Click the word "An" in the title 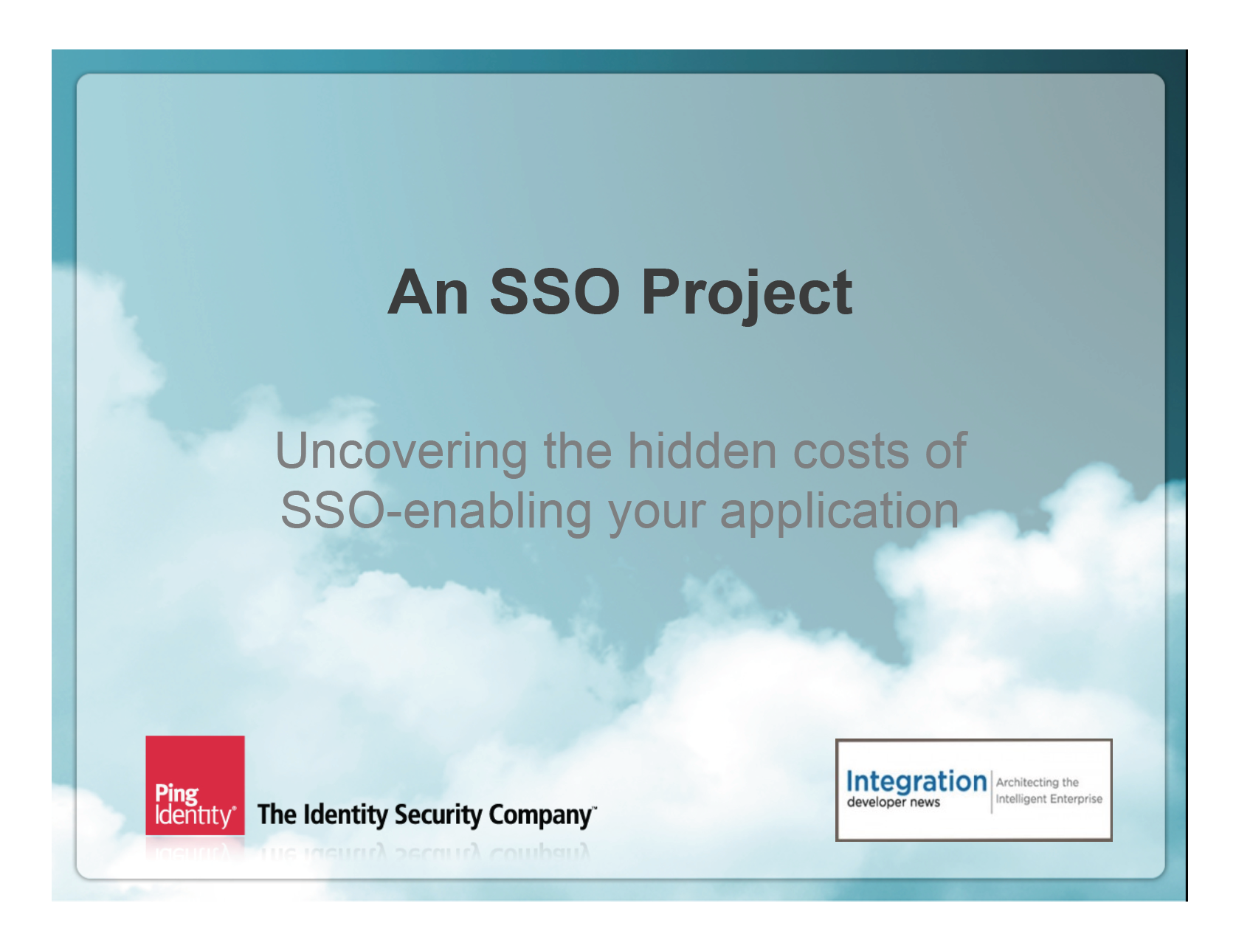(429, 292)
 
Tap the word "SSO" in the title (555, 292)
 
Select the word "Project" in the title (747, 296)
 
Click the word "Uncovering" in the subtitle (401, 451)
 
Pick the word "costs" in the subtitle (851, 452)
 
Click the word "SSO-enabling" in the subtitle (436, 511)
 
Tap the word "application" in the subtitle (839, 511)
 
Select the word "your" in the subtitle (656, 514)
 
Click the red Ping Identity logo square (195, 785)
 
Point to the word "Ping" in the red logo (176, 795)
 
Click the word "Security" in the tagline (437, 815)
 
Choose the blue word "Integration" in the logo (916, 782)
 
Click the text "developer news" (894, 803)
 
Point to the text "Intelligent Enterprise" (1049, 799)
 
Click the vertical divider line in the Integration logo (992, 791)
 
